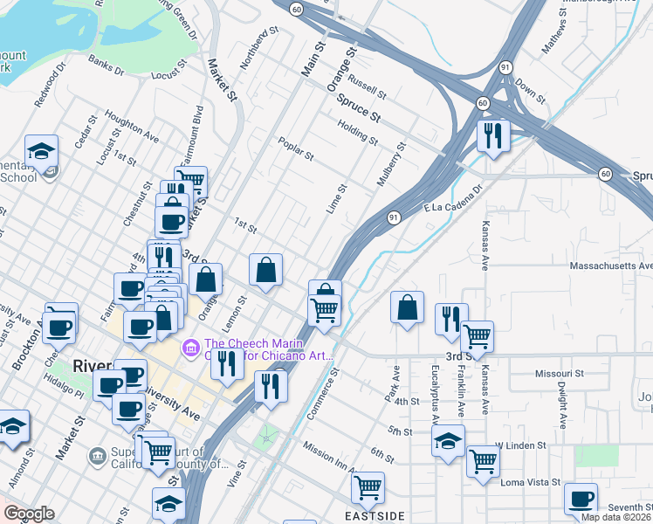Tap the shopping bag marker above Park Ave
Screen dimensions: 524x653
coord(407,307)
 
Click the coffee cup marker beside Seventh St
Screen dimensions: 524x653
coord(581,500)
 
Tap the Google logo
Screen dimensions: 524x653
coord(28,514)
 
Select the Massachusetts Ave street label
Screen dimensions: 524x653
coord(611,265)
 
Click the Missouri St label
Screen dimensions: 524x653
coord(558,373)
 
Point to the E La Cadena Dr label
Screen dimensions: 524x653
coord(453,197)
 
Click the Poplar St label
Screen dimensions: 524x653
coord(295,148)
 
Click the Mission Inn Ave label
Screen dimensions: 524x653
coord(331,450)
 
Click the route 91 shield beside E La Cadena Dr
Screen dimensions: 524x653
coord(395,217)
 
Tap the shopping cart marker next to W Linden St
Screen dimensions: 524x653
coord(482,460)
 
